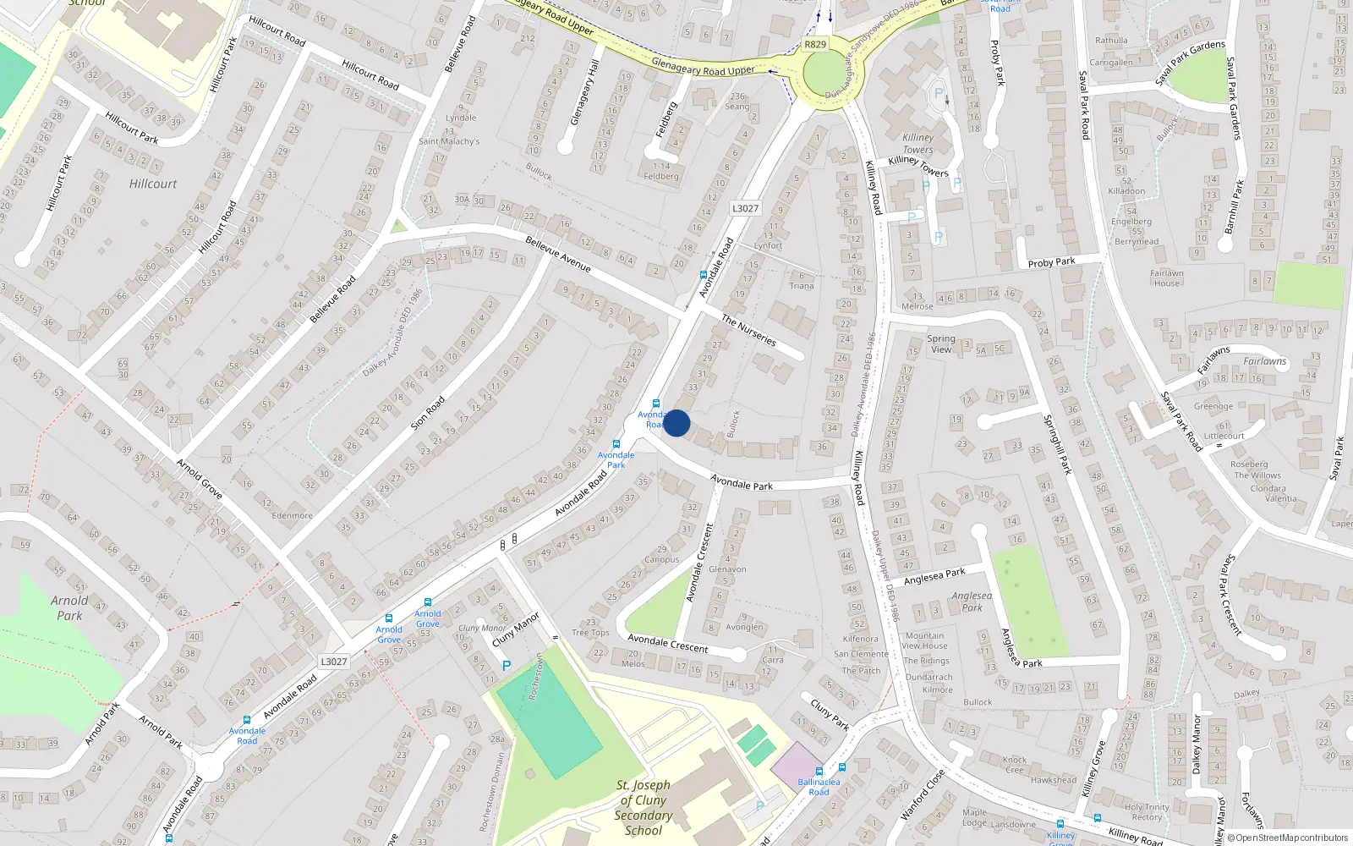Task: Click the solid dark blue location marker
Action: click(x=676, y=423)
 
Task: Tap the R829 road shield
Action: click(x=815, y=45)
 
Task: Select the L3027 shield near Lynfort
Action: click(x=745, y=208)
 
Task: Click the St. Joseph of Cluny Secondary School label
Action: click(x=644, y=807)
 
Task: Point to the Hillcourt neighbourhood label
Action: click(x=153, y=184)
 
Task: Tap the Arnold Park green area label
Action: click(x=69, y=607)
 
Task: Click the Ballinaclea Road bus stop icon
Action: click(x=819, y=771)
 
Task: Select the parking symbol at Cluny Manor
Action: click(x=507, y=666)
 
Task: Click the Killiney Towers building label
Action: click(x=918, y=143)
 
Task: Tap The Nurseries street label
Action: click(x=748, y=330)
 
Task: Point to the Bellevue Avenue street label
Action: click(x=558, y=254)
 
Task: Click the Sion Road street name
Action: click(x=427, y=412)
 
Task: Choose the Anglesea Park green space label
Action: click(x=972, y=601)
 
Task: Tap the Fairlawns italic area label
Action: click(x=1265, y=361)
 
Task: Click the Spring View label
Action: click(x=941, y=343)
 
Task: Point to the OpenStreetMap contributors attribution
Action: click(x=1287, y=838)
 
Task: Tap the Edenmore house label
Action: click(x=292, y=515)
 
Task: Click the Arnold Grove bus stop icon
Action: click(x=428, y=602)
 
